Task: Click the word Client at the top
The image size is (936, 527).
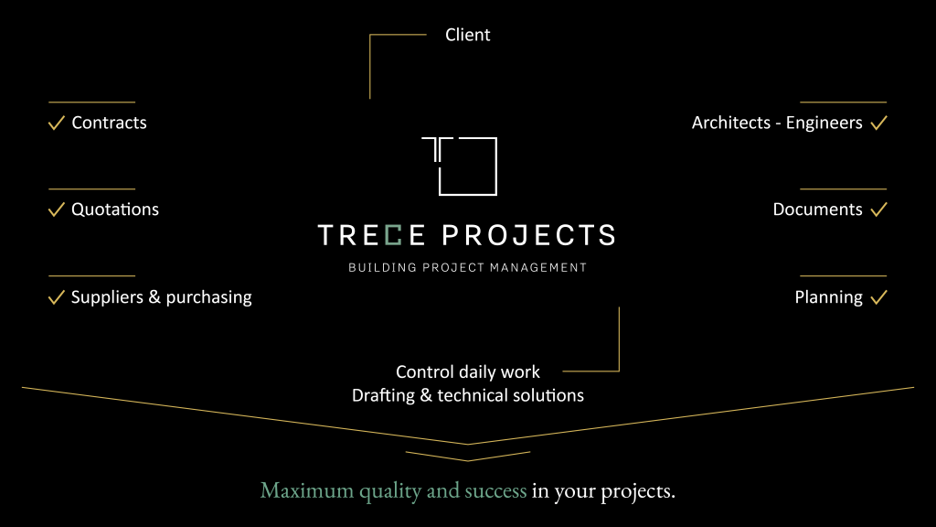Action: pos(467,35)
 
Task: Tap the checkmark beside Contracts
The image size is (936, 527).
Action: pos(56,124)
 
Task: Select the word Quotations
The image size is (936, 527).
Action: pos(115,210)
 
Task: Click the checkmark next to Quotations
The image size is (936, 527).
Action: pos(56,210)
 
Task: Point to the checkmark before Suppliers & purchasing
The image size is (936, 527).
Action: pos(56,297)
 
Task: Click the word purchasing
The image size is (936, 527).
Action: pos(209,297)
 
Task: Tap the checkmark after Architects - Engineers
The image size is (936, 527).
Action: pos(878,124)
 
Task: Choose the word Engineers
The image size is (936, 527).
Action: pos(824,124)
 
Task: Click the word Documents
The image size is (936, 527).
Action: pos(818,210)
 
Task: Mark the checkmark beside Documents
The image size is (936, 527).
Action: pos(878,210)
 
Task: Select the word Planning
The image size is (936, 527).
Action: pos(828,297)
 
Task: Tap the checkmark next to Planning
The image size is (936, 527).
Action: pos(878,297)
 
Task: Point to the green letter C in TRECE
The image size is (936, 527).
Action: pos(393,235)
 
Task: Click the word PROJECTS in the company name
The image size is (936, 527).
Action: pos(528,235)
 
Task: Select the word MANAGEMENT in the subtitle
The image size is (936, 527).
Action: pos(538,268)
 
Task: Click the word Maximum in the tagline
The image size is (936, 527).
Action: pos(307,490)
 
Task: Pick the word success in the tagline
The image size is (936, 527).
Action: pos(495,491)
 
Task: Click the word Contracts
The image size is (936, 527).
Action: pos(110,124)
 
